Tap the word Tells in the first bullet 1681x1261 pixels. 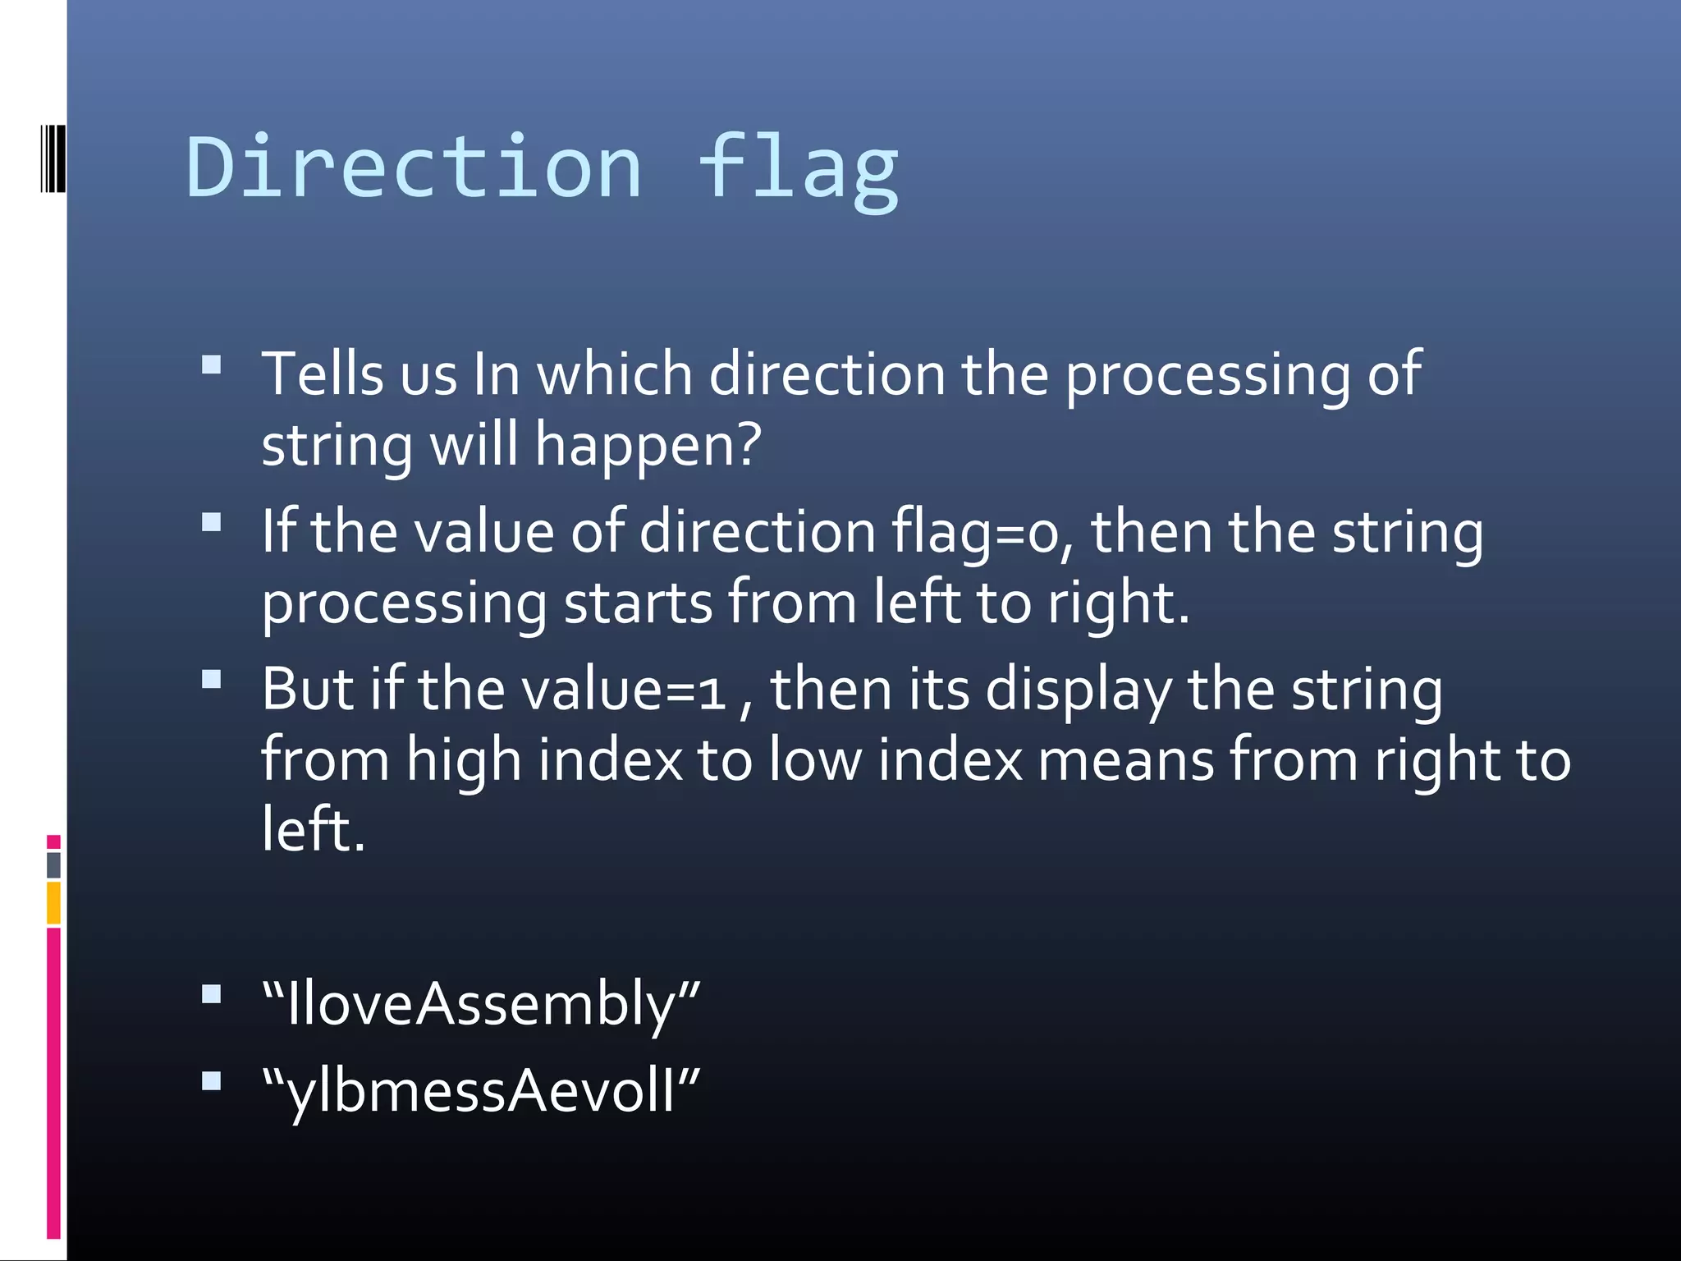pyautogui.click(x=323, y=374)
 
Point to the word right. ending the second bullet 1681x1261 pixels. pyautogui.click(x=1118, y=603)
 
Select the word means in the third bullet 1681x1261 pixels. pyautogui.click(x=1125, y=760)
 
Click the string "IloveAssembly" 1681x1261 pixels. pyautogui.click(x=481, y=1004)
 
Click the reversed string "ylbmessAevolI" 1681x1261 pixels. pyautogui.click(x=481, y=1092)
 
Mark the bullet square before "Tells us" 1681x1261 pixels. pyautogui.click(x=212, y=365)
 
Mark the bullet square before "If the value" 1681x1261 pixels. pyautogui.click(x=212, y=522)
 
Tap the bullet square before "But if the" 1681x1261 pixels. pyautogui.click(x=212, y=679)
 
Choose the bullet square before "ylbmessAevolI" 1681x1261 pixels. pyautogui.click(x=212, y=1080)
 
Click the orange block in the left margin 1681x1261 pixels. pyautogui.click(x=53, y=902)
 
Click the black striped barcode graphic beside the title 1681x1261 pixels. pyautogui.click(x=53, y=158)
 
